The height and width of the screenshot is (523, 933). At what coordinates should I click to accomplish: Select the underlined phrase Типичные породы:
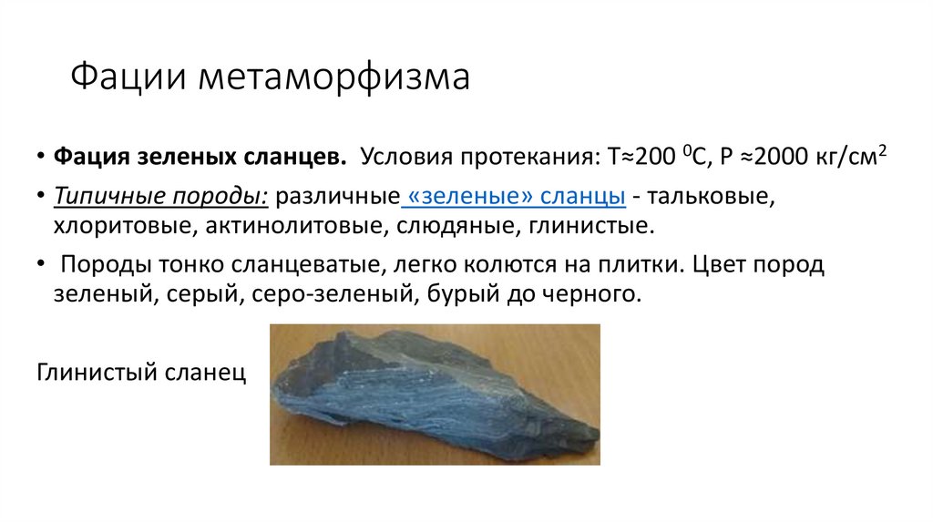[x=161, y=197]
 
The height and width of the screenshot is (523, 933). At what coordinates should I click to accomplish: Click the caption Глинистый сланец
[x=141, y=374]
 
